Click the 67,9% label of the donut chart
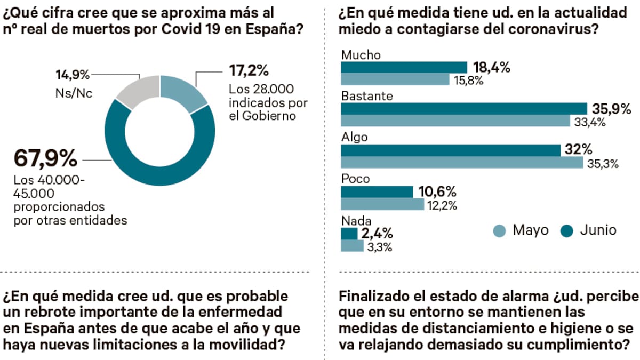point(45,158)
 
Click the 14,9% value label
point(73,74)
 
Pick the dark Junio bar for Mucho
point(404,67)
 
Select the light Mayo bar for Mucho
point(395,80)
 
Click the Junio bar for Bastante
point(463,109)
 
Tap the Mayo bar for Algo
point(462,163)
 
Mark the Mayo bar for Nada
point(353,246)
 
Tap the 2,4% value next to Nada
point(377,233)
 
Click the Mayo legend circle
point(499,231)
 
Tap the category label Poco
point(355,179)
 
